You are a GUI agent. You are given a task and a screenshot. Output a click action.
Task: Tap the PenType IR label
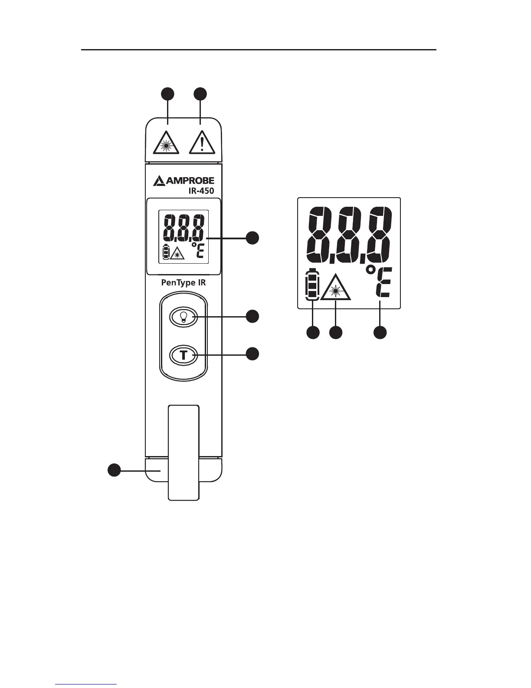pyautogui.click(x=184, y=283)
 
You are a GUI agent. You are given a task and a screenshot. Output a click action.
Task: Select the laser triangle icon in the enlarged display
pyautogui.click(x=335, y=288)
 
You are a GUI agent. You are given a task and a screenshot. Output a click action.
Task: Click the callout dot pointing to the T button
pyautogui.click(x=252, y=354)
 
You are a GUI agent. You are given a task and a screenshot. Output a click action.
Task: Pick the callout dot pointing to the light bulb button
pyautogui.click(x=252, y=316)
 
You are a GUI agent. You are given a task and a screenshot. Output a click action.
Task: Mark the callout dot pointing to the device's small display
pyautogui.click(x=252, y=238)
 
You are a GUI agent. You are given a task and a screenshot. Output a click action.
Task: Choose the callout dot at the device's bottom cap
pyautogui.click(x=114, y=470)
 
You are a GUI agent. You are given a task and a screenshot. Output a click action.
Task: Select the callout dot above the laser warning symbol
pyautogui.click(x=168, y=94)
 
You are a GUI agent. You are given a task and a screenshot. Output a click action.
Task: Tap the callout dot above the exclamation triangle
pyautogui.click(x=200, y=94)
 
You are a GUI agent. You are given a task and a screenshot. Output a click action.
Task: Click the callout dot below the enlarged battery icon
pyautogui.click(x=313, y=333)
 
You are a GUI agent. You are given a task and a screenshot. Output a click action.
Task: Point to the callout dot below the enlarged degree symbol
pyautogui.click(x=380, y=333)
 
